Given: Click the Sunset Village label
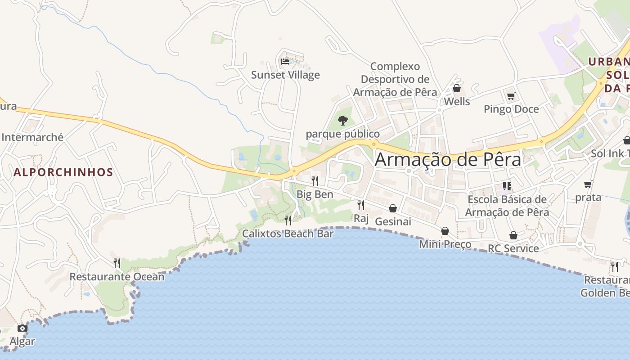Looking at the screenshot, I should tap(285, 75).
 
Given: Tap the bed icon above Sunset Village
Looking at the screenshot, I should tap(285, 61).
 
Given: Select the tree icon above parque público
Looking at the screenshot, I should tap(343, 120).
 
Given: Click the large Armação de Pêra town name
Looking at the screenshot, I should tap(448, 159).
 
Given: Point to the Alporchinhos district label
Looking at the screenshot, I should tap(63, 172).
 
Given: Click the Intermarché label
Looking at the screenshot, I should tap(32, 137).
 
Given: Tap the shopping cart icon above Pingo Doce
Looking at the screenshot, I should tap(511, 96).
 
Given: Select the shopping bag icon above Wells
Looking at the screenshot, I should tap(457, 88).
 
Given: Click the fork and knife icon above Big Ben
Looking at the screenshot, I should tap(315, 181).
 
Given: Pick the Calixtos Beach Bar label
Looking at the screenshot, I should tap(288, 234).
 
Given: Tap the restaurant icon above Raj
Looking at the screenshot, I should tap(361, 205).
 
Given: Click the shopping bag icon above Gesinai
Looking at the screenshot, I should tap(393, 208).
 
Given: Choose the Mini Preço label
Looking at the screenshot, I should tap(445, 244).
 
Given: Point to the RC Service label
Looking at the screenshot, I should tap(513, 248).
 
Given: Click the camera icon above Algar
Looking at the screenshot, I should tap(22, 328).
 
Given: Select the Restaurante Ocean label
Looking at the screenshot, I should tap(117, 276).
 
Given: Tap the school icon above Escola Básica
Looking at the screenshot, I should tap(507, 186).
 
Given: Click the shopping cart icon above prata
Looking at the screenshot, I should tap(588, 184).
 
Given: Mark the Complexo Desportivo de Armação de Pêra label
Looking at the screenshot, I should tap(395, 79).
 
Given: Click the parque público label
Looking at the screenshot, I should tap(343, 134).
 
